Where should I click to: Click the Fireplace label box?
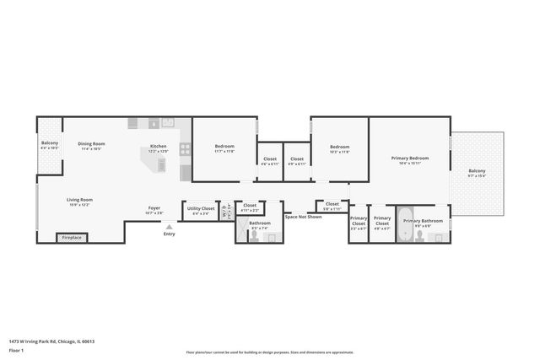click(73, 238)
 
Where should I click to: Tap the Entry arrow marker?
click(169, 226)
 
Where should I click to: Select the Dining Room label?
click(91, 145)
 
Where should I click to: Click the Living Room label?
click(79, 201)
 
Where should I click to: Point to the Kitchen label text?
click(159, 148)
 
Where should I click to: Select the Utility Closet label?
click(201, 209)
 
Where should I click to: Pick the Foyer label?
click(154, 209)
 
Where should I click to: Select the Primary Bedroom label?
click(409, 159)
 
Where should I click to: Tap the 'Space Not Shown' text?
click(303, 217)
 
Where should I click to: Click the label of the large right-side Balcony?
click(477, 173)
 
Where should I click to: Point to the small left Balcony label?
click(50, 145)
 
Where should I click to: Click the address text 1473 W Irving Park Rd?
click(51, 341)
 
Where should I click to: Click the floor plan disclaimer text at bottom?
click(269, 352)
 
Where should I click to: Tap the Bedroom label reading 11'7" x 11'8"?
click(224, 148)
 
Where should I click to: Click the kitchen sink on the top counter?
click(167, 123)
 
